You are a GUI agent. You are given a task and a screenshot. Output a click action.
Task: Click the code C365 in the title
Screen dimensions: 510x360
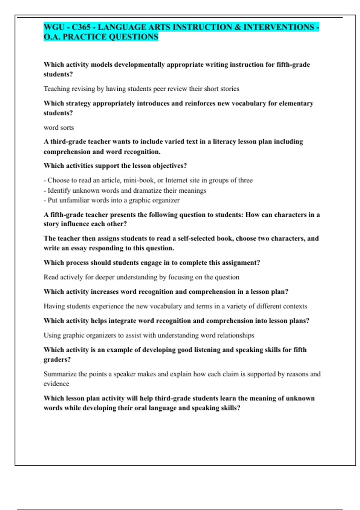click(81, 27)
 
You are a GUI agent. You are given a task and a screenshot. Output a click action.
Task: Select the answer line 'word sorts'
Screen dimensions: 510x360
click(59, 127)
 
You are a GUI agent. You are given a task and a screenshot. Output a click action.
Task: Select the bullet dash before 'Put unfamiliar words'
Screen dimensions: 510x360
click(45, 200)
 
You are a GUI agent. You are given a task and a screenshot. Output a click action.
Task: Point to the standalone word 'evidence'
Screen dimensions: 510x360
click(56, 384)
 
